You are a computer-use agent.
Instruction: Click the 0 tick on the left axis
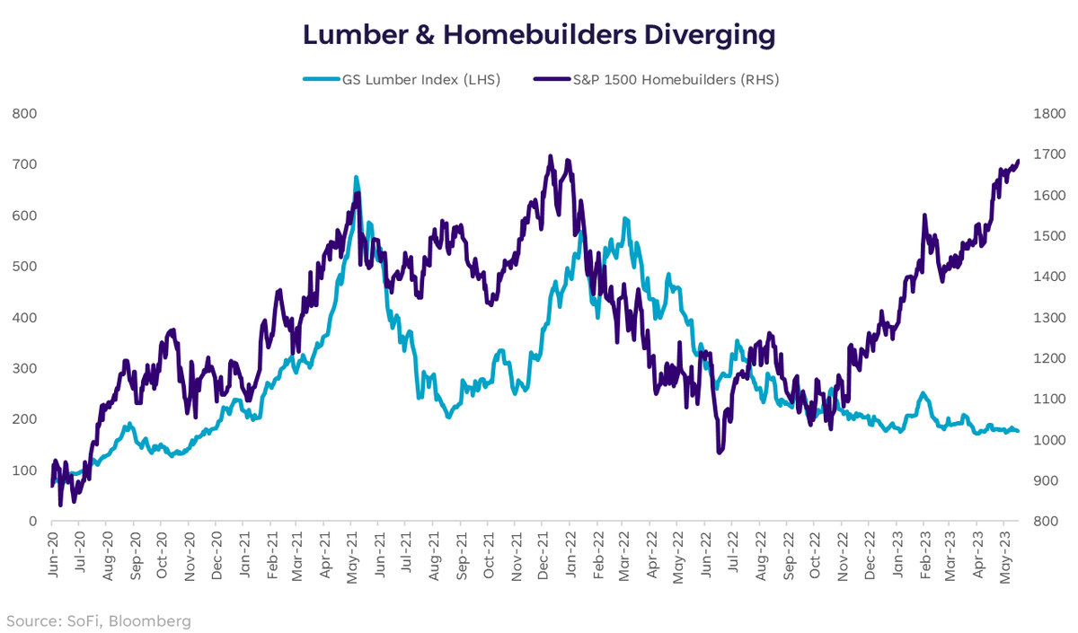(x=31, y=521)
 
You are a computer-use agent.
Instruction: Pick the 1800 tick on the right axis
(x=1050, y=113)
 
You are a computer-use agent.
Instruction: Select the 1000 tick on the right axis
(x=1050, y=440)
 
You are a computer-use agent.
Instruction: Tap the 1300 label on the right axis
(x=1050, y=318)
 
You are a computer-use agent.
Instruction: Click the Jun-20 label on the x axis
(x=51, y=549)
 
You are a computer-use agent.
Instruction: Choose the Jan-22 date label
(x=570, y=549)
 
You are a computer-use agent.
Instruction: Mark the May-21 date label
(x=351, y=549)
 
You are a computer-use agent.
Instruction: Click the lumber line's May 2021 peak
(x=356, y=178)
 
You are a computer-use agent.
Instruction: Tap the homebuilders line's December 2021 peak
(x=550, y=156)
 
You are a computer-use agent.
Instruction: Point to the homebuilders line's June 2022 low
(x=719, y=452)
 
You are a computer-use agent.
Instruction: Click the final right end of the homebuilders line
(x=1019, y=162)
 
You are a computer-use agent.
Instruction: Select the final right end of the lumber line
(x=1018, y=432)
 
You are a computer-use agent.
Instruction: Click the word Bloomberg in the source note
(x=150, y=620)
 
